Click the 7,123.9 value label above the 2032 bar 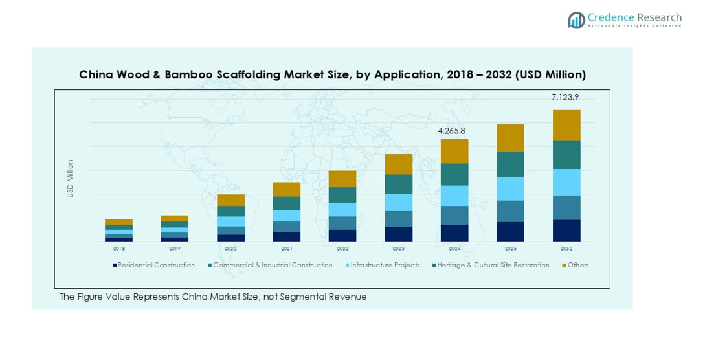(x=565, y=97)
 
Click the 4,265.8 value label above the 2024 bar (x=451, y=131)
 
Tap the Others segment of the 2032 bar (x=566, y=125)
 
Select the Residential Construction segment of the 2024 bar (x=454, y=233)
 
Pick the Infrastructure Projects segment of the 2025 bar (x=510, y=188)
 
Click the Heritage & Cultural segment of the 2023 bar (x=398, y=184)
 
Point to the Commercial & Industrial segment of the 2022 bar (x=342, y=223)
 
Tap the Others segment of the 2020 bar (x=230, y=200)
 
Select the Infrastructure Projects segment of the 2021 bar (x=286, y=216)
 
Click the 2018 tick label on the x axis (x=119, y=249)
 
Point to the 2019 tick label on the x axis (x=175, y=249)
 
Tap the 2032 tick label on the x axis (x=566, y=249)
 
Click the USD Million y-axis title (x=71, y=178)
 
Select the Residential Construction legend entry (x=156, y=265)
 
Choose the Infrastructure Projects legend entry (x=385, y=265)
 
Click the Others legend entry (x=578, y=265)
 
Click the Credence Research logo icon (x=576, y=20)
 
